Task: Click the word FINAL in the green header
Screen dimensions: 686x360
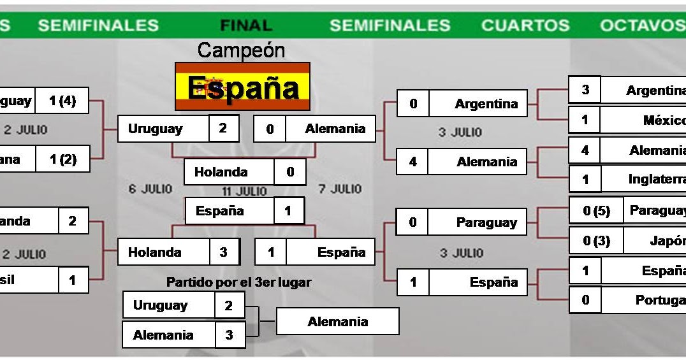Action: (x=246, y=25)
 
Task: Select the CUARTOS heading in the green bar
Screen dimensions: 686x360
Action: (x=525, y=25)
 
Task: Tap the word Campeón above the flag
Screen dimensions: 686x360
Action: (x=241, y=50)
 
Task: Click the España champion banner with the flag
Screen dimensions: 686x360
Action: (x=243, y=87)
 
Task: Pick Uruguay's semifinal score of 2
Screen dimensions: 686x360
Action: (x=223, y=129)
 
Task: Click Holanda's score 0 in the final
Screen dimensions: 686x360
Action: (x=290, y=172)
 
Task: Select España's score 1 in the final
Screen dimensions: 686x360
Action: (x=288, y=211)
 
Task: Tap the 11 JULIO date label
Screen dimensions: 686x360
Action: (x=244, y=191)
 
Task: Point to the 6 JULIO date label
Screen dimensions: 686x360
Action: (x=150, y=189)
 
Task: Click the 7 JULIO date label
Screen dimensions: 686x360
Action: (x=339, y=189)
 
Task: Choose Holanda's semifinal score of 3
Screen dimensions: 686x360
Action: (x=224, y=252)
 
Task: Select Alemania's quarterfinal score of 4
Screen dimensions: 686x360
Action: (x=412, y=162)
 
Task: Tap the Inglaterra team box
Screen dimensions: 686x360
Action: (x=644, y=179)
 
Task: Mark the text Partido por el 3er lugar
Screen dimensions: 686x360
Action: (x=239, y=282)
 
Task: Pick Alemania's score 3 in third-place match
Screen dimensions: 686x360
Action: (x=229, y=335)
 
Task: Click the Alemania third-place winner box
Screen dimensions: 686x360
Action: (x=338, y=322)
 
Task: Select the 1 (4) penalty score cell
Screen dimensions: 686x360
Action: (x=62, y=101)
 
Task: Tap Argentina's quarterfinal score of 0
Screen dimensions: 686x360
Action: (x=413, y=104)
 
